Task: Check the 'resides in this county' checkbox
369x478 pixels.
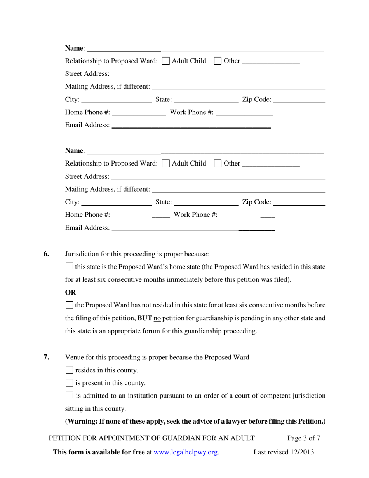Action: point(70,370)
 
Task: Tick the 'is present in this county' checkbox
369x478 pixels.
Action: point(70,383)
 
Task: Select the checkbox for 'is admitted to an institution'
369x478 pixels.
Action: point(70,396)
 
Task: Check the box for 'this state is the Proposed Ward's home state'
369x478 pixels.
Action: point(70,267)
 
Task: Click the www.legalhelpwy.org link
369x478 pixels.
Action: point(186,452)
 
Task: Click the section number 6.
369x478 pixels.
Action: point(46,254)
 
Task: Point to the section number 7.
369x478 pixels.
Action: point(46,357)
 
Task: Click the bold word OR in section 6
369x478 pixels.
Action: point(71,292)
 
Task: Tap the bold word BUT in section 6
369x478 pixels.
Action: point(144,318)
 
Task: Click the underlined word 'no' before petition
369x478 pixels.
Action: point(157,318)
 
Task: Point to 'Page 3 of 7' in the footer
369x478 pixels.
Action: point(304,438)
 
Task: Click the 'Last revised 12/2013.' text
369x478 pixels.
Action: point(285,452)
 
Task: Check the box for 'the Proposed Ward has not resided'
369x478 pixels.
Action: point(70,305)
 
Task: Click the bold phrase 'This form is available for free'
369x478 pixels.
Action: point(99,452)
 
